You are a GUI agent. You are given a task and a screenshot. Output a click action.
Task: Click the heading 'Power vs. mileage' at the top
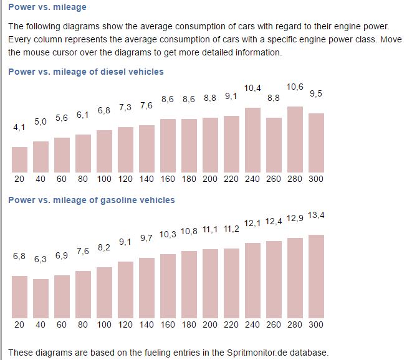[x=47, y=7]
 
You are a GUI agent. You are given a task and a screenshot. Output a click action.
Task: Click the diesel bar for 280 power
[x=295, y=139]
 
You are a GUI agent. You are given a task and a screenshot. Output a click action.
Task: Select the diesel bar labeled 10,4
[x=252, y=140]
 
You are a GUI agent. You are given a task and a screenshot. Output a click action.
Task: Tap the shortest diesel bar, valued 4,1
[x=20, y=159]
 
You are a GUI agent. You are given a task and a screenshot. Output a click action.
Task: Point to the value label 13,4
[x=317, y=216]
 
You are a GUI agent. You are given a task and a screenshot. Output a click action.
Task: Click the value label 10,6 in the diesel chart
[x=295, y=87]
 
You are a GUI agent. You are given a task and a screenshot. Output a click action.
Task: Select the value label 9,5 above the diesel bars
[x=316, y=94]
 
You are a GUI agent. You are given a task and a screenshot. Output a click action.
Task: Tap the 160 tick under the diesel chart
[x=168, y=179]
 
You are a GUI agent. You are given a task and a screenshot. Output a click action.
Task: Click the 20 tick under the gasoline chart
[x=19, y=324]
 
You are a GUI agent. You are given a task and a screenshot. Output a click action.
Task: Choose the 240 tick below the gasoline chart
[x=252, y=324]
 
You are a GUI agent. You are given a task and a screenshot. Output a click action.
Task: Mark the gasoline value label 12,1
[x=252, y=223]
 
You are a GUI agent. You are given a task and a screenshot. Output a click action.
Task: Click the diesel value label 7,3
[x=125, y=107]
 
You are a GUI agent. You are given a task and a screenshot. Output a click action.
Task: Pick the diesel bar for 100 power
[x=104, y=150]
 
